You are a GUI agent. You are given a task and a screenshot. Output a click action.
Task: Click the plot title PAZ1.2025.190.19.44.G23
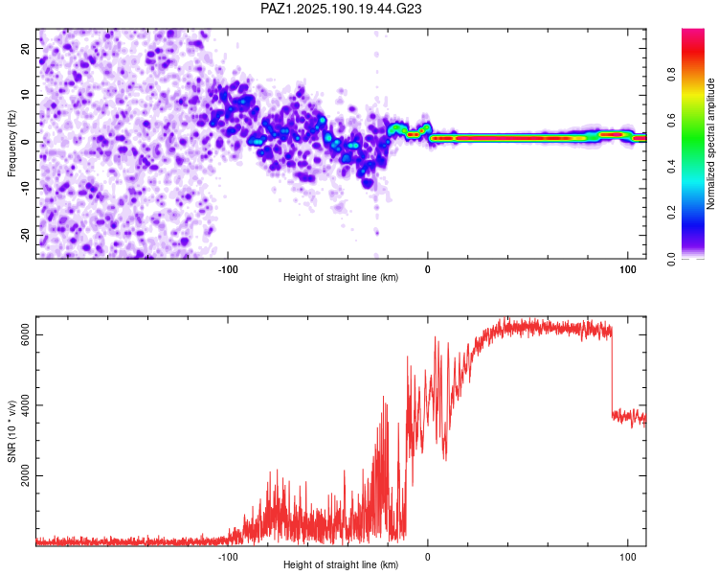(341, 9)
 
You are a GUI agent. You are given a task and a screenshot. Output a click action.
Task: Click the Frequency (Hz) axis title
(11, 144)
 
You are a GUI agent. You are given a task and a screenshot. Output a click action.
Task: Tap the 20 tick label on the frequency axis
(26, 49)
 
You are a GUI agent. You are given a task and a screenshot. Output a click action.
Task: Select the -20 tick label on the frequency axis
(26, 236)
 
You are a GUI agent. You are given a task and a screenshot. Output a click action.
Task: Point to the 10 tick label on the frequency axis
(26, 95)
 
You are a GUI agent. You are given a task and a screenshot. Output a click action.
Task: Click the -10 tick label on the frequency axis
(26, 189)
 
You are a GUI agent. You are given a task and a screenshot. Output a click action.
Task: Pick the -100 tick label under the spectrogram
(228, 269)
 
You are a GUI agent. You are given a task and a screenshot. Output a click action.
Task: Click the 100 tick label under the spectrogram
(628, 269)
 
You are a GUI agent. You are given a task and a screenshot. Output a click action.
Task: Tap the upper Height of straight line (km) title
(341, 277)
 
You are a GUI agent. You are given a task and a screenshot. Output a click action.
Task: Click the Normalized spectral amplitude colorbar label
(710, 144)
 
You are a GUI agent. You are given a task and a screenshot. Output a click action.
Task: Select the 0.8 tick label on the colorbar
(671, 74)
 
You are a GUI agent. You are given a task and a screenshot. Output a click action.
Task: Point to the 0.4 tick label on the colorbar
(671, 167)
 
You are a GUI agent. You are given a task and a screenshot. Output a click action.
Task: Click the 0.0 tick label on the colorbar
(671, 259)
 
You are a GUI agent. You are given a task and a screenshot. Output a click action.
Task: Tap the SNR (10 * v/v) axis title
(11, 431)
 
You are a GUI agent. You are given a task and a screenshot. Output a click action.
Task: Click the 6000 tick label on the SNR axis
(26, 335)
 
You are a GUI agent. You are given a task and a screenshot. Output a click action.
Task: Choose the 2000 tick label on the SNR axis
(26, 476)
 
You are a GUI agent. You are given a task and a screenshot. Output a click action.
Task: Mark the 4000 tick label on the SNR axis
(26, 405)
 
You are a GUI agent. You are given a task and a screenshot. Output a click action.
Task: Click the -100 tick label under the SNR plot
(228, 557)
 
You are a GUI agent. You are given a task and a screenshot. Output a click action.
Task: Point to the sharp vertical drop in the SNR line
(612, 372)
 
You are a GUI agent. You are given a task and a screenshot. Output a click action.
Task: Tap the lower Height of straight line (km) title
(341, 564)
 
